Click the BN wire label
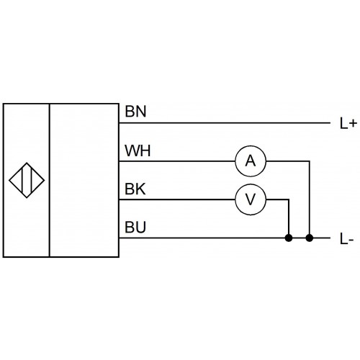coord(135,112)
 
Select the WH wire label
coord(138,150)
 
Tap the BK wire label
coord(135,189)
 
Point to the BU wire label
coord(135,228)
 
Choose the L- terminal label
coord(347,239)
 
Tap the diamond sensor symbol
coord(27,180)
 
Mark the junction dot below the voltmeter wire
coord(289,238)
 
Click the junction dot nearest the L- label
coord(310,238)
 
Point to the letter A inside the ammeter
coord(251,161)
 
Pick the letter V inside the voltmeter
coord(251,199)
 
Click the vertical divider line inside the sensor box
coord(50,180)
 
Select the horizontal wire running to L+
coord(225,123)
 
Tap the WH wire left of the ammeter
coord(177,161)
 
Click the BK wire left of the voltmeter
coord(177,199)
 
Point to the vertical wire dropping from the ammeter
coord(310,199)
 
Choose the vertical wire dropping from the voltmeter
coord(289,219)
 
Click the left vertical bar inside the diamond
coord(22,180)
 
